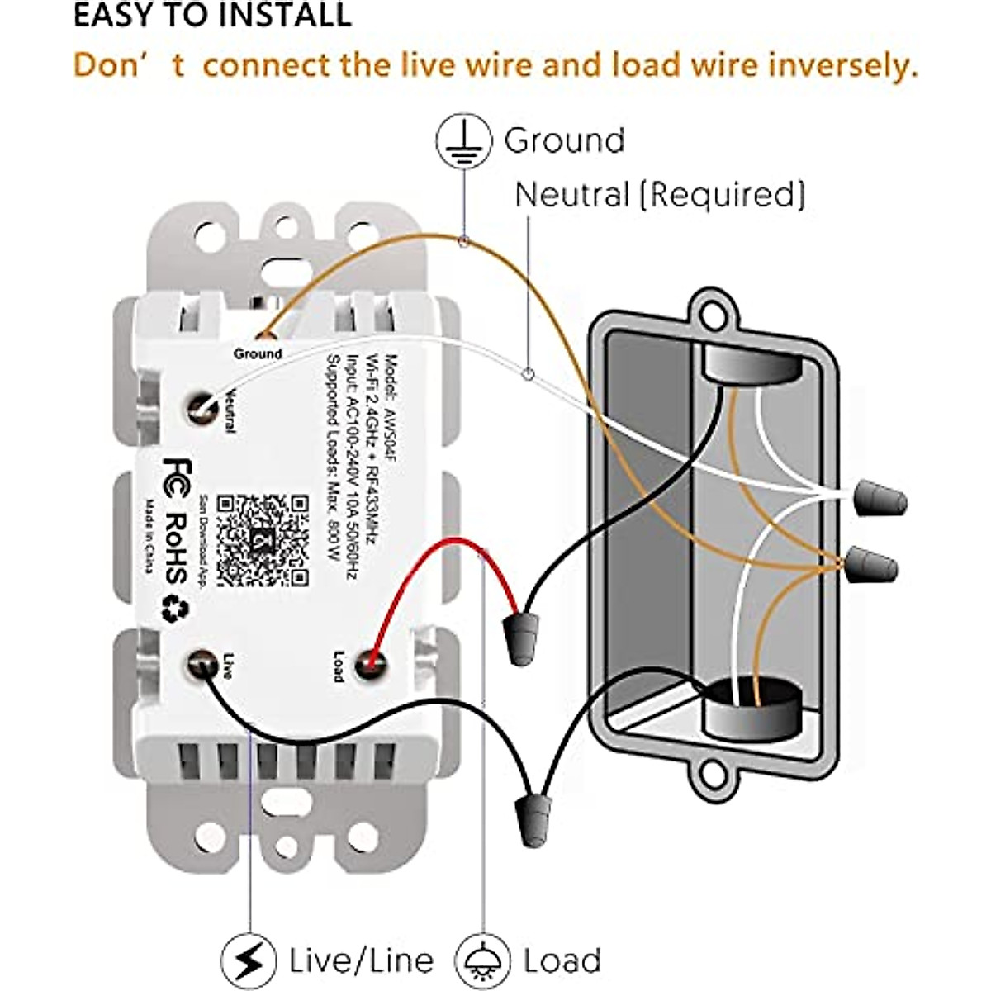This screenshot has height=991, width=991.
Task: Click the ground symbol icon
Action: (463, 141)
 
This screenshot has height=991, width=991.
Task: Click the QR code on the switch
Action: (263, 541)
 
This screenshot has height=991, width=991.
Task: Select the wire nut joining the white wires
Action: (879, 500)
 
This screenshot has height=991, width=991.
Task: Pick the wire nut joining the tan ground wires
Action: (870, 567)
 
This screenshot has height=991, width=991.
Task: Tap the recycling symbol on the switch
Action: (176, 609)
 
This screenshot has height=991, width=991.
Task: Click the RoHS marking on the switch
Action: (176, 548)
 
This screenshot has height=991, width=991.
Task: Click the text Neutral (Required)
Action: (660, 195)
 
